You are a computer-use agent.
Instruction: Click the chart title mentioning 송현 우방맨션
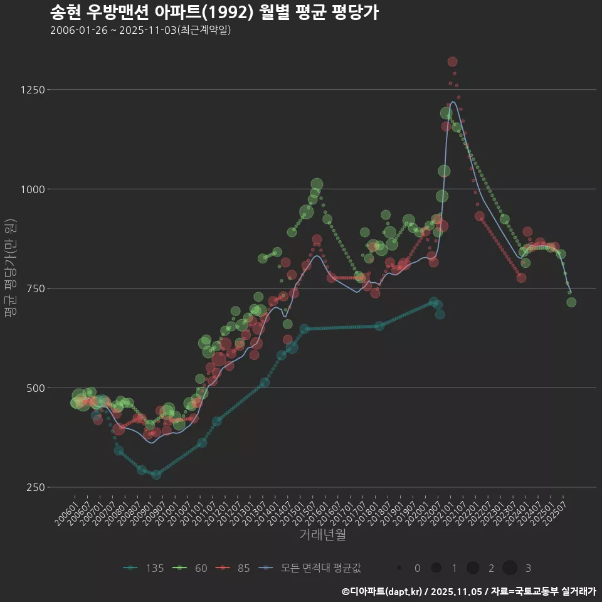coord(213,13)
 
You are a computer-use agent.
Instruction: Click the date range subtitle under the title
coord(140,30)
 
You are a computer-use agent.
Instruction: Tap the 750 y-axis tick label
coord(35,288)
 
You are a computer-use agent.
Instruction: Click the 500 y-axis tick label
coord(35,388)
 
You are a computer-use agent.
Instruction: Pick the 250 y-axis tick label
coord(35,487)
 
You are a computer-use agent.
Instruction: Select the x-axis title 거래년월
coord(322,535)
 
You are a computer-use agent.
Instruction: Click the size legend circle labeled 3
coord(510,568)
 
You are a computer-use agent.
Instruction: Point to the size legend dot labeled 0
coord(399,568)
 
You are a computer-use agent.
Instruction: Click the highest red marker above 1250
coord(453,61)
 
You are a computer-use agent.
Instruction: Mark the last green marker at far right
coord(571,302)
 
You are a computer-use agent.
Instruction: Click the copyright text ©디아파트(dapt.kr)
coord(383,591)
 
